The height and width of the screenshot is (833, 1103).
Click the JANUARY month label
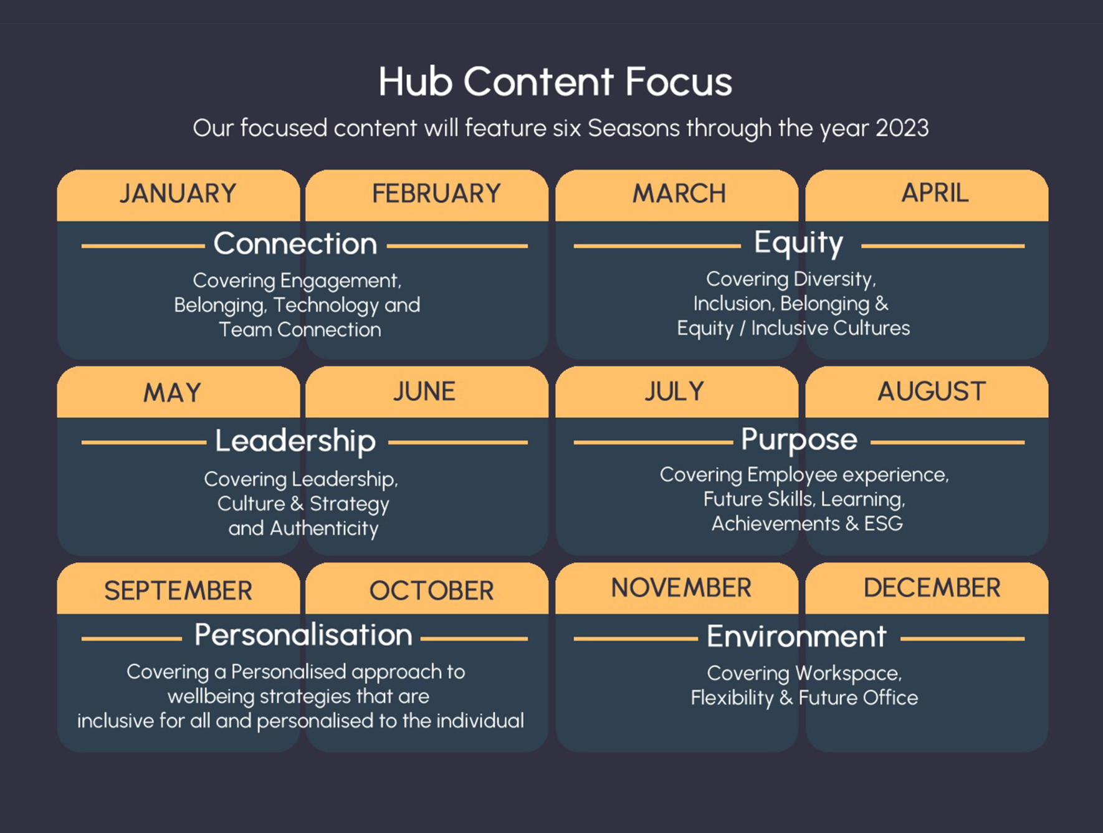[178, 193]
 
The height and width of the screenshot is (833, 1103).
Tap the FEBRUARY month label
[436, 193]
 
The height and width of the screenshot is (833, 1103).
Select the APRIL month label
[935, 193]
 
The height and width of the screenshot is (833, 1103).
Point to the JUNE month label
[424, 392]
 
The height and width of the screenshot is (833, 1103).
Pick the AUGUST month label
[932, 392]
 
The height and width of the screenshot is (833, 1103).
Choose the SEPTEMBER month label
[178, 590]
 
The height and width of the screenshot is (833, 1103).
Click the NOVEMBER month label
[681, 588]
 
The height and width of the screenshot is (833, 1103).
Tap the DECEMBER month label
[932, 588]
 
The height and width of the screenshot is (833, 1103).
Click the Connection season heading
[295, 244]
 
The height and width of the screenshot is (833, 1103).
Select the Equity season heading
[798, 243]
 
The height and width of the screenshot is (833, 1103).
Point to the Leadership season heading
[295, 441]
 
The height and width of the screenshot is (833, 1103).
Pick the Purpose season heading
[799, 440]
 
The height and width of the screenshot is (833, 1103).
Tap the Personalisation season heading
[303, 635]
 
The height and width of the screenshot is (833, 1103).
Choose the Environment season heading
[796, 637]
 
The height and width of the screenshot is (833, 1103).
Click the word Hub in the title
[416, 82]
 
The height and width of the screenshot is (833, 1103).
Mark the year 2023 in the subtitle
[902, 128]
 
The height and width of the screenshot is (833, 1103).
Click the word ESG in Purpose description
[883, 524]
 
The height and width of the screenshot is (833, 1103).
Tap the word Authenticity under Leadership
[324, 529]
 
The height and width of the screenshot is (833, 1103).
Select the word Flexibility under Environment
[732, 698]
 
